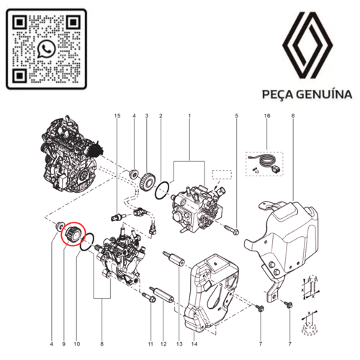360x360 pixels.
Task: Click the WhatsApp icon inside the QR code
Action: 47,49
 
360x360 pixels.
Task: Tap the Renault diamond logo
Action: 307,45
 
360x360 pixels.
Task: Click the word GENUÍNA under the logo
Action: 324,94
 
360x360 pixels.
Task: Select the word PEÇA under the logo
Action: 278,94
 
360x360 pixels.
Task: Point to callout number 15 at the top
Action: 117,116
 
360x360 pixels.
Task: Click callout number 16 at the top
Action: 267,116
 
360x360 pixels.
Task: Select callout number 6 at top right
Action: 293,116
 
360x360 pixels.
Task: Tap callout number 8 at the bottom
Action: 102,344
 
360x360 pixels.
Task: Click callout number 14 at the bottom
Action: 194,344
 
